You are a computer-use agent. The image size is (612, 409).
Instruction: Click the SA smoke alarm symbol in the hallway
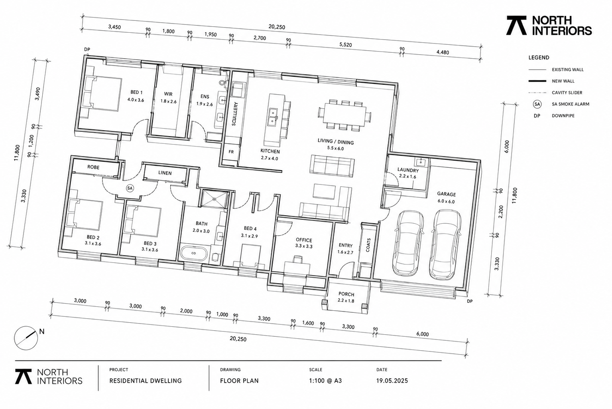(x=130, y=189)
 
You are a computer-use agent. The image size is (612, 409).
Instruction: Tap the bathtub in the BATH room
(x=193, y=253)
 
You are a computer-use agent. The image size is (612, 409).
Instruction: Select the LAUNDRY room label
(x=407, y=170)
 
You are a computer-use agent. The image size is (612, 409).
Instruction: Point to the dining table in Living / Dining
(x=344, y=115)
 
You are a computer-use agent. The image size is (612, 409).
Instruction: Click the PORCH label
(x=346, y=294)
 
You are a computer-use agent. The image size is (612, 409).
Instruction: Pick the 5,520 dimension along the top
(x=345, y=45)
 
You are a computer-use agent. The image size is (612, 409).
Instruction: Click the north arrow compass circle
(x=26, y=338)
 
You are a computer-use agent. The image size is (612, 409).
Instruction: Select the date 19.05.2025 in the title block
(x=392, y=381)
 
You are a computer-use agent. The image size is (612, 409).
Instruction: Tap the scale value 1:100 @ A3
(x=325, y=381)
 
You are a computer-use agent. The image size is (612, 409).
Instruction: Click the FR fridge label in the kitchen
(x=231, y=152)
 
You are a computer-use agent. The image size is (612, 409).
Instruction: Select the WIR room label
(x=168, y=94)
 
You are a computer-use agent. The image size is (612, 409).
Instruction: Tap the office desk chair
(x=298, y=259)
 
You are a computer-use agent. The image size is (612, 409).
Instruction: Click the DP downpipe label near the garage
(x=470, y=301)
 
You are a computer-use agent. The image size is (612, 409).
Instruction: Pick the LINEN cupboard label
(x=165, y=173)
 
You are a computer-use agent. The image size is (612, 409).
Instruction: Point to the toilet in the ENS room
(x=222, y=82)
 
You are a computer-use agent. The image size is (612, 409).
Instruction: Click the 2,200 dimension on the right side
(x=501, y=212)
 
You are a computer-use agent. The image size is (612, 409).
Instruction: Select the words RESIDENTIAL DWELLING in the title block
(x=146, y=381)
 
